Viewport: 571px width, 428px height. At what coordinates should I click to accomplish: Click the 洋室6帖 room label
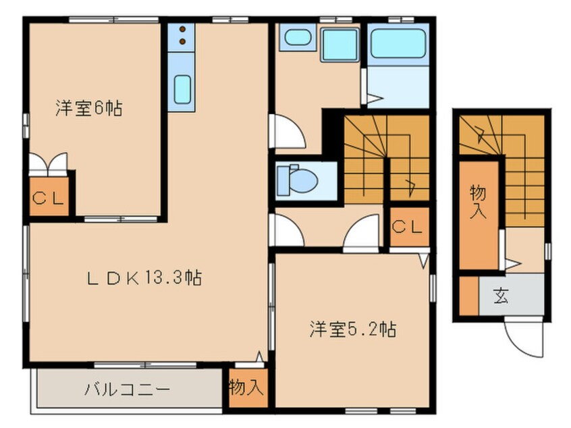coord(89,108)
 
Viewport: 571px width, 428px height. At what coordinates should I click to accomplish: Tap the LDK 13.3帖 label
coord(144,279)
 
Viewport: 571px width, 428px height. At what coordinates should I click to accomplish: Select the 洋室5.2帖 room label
coord(353,329)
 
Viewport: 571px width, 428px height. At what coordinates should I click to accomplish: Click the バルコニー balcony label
coord(128,390)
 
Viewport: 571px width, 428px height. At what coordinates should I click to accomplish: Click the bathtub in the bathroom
coord(398,44)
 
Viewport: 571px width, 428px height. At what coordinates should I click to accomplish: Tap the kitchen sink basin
coord(182,89)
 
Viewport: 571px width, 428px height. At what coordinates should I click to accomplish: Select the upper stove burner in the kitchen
coord(182,30)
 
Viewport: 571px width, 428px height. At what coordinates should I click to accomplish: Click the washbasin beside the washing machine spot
coord(298,37)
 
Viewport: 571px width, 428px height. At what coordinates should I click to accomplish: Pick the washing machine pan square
coord(339,45)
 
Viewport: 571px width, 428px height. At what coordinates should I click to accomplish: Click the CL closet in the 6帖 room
coord(49,197)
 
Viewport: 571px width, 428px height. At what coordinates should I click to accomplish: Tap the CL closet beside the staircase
coord(409,227)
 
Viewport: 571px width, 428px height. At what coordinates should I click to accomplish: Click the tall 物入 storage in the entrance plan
coord(478,215)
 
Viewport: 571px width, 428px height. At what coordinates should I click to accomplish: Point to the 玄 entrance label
coord(501,296)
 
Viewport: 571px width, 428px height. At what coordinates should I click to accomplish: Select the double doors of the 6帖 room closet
coord(49,165)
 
